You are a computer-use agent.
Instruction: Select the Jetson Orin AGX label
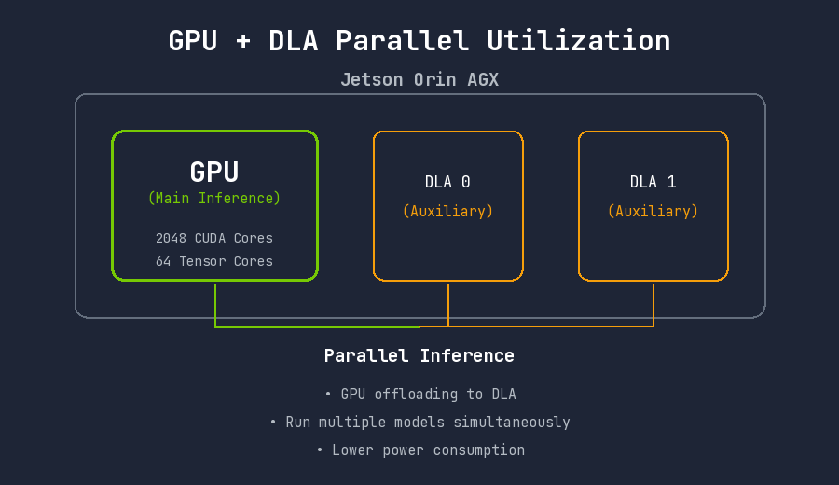click(x=419, y=80)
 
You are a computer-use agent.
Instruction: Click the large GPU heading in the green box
click(x=214, y=173)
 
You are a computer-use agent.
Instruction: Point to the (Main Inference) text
click(x=214, y=199)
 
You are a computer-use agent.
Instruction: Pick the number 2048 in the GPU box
click(x=172, y=238)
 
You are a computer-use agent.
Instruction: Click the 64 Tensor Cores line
click(x=214, y=261)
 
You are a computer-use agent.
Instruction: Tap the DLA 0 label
click(x=447, y=182)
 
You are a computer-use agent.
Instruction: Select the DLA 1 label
click(x=653, y=182)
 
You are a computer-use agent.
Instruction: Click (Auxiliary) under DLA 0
click(x=447, y=212)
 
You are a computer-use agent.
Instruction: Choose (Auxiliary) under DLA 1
click(x=653, y=212)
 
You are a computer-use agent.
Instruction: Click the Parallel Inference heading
click(x=419, y=355)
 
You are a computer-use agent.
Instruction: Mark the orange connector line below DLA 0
click(x=448, y=304)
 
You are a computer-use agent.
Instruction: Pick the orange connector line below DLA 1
click(x=653, y=304)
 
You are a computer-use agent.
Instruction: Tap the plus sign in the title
click(x=243, y=41)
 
